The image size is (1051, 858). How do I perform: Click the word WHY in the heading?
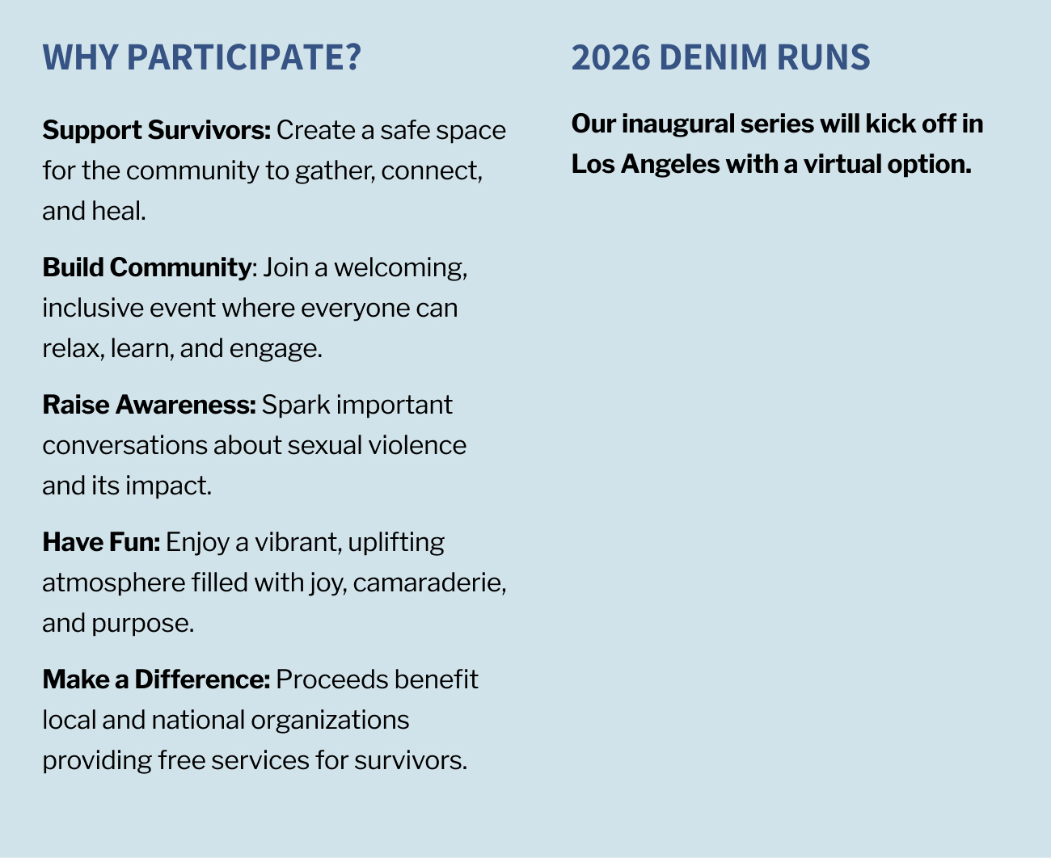[x=80, y=57]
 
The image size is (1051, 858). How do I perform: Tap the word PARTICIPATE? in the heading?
[x=244, y=57]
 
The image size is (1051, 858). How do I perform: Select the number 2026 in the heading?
[x=611, y=57]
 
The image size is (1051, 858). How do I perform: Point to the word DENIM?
[x=713, y=57]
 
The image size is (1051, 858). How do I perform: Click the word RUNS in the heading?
[x=823, y=57]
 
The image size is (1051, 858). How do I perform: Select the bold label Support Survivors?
[x=157, y=130]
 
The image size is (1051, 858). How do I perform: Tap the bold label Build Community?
[x=147, y=267]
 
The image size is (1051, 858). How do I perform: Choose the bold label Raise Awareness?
[x=149, y=404]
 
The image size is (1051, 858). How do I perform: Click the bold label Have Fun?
[x=101, y=542]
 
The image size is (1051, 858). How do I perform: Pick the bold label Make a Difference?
[x=156, y=679]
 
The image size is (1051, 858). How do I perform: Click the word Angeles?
[x=670, y=164]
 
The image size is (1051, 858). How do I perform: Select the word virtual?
[x=842, y=164]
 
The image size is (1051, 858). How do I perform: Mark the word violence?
[x=418, y=445]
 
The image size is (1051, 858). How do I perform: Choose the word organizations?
[x=330, y=721]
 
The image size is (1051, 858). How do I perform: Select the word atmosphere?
[x=114, y=583]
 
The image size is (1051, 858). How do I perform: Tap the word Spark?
[x=296, y=405]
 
